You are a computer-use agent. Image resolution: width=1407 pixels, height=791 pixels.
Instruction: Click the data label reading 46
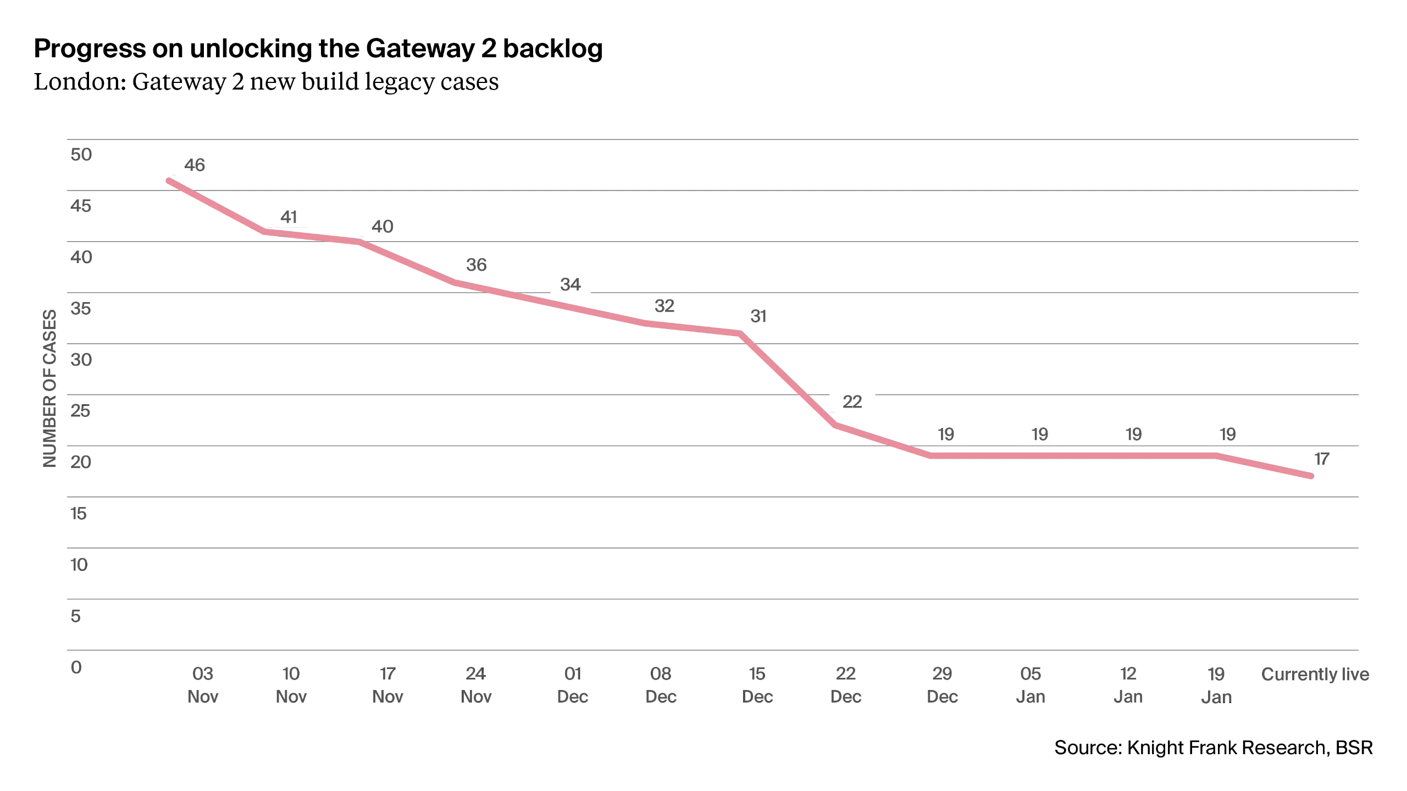(x=195, y=163)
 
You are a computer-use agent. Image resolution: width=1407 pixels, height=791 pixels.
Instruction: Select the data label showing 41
(x=288, y=216)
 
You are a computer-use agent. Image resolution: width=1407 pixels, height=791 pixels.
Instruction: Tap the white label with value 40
(x=383, y=225)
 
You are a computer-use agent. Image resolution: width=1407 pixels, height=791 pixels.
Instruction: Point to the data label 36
(x=477, y=264)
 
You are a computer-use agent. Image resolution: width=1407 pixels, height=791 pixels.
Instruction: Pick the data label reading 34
(x=570, y=285)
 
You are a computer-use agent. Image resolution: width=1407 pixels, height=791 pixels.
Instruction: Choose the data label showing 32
(x=664, y=305)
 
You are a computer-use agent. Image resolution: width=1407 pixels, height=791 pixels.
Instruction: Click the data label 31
(x=758, y=316)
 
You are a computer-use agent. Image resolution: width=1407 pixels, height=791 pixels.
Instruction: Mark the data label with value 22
(x=852, y=401)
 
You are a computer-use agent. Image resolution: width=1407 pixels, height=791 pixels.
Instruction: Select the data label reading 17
(x=1321, y=458)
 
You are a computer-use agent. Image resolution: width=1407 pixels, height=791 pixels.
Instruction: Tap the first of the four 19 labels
(x=946, y=435)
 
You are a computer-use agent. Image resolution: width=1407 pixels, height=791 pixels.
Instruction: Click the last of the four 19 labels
(x=1228, y=435)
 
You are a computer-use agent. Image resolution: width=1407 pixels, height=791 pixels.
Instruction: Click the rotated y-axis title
(x=48, y=388)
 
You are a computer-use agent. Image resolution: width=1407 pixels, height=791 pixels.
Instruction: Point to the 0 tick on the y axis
(x=77, y=668)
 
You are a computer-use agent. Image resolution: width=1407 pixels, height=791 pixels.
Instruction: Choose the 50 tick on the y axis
(x=81, y=154)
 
